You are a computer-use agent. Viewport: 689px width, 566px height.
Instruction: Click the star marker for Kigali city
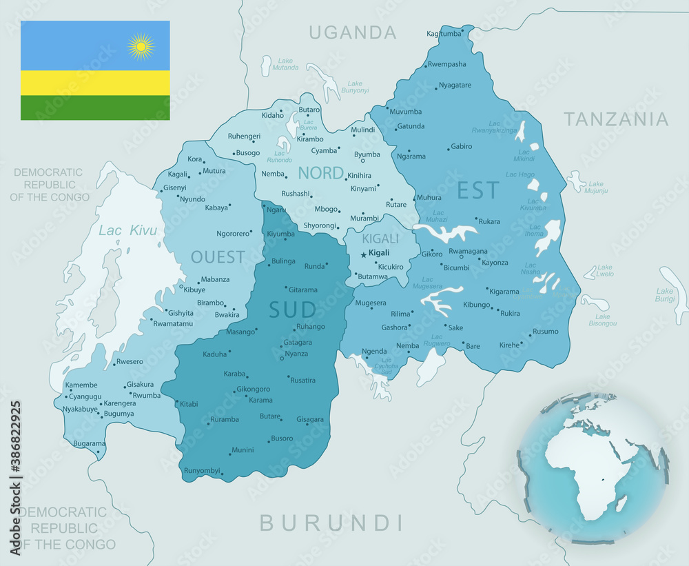click(x=364, y=254)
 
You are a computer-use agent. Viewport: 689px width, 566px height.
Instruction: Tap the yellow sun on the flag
click(x=141, y=46)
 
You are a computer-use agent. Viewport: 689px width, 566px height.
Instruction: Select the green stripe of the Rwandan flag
click(x=95, y=108)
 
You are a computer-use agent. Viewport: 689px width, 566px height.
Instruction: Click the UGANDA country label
click(x=353, y=32)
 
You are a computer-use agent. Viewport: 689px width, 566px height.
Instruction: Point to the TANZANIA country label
click(x=616, y=119)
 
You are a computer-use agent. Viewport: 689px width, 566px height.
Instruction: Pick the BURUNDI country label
click(x=331, y=522)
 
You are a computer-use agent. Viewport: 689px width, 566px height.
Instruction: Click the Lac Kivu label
click(x=127, y=230)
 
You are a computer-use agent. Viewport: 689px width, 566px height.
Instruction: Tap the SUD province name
click(x=292, y=310)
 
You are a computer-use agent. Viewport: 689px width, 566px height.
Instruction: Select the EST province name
click(x=478, y=190)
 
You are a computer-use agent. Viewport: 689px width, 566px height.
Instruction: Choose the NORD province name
click(x=320, y=172)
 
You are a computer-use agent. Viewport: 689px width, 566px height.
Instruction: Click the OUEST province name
click(x=218, y=257)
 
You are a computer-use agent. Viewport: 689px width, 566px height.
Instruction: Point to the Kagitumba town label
click(x=444, y=33)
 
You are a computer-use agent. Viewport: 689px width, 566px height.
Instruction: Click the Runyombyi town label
click(x=202, y=471)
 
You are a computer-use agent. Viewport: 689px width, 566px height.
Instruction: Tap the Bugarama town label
click(x=89, y=443)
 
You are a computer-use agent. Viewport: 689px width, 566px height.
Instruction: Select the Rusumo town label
click(x=546, y=331)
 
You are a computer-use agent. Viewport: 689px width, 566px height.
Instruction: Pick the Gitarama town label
click(x=303, y=290)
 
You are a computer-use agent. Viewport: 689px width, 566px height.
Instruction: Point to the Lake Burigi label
click(x=665, y=295)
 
